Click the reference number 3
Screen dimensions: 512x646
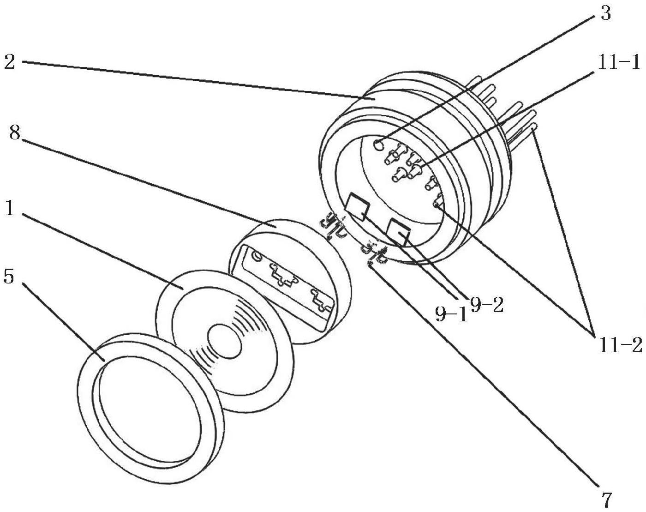605,13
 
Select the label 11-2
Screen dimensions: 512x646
620,345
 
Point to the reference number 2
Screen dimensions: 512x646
10,61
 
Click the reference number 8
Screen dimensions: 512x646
14,133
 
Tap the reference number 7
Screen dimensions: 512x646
606,499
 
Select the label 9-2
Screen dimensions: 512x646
486,304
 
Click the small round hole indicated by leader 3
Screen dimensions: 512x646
379,145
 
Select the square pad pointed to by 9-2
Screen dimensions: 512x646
400,231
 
